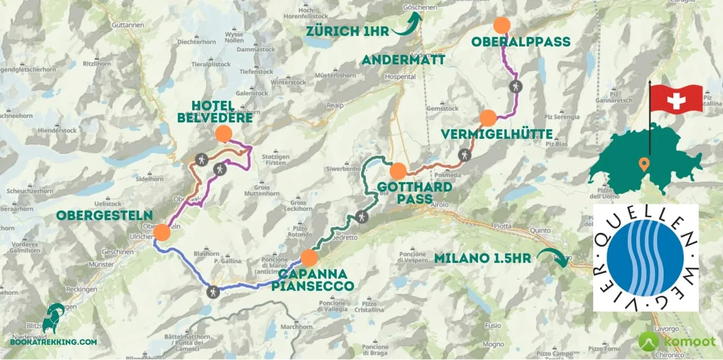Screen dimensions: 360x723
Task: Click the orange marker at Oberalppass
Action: pyautogui.click(x=501, y=25)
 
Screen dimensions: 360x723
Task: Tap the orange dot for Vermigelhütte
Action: pyautogui.click(x=488, y=118)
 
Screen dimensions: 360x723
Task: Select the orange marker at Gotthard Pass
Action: pyautogui.click(x=398, y=171)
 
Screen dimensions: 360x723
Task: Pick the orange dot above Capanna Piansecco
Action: pyautogui.click(x=309, y=258)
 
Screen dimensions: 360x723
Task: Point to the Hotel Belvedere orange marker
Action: pyautogui.click(x=223, y=134)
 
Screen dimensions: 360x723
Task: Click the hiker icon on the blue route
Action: pyautogui.click(x=213, y=291)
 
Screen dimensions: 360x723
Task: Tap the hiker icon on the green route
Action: pyautogui.click(x=362, y=216)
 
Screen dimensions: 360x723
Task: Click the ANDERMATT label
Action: pyautogui.click(x=403, y=60)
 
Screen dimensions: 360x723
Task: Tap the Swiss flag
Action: pyautogui.click(x=676, y=99)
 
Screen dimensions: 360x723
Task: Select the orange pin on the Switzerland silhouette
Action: pyautogui.click(x=643, y=164)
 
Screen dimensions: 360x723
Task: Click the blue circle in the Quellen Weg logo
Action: pyautogui.click(x=645, y=258)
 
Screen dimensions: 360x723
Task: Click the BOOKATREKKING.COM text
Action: pyautogui.click(x=53, y=342)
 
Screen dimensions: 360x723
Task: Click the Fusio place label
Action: pyautogui.click(x=492, y=326)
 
